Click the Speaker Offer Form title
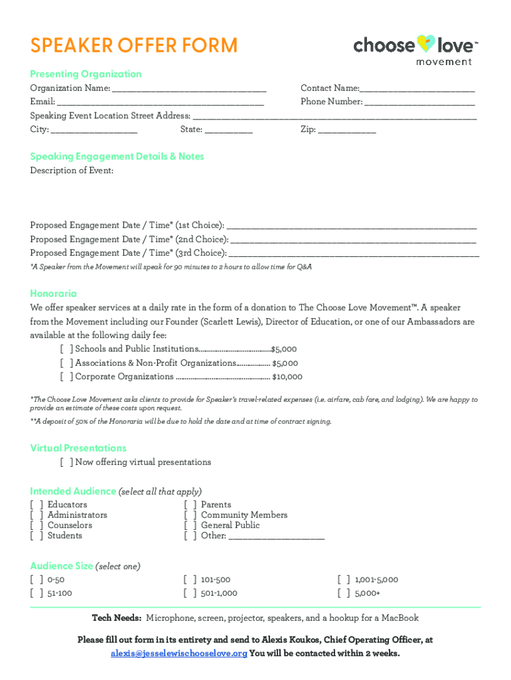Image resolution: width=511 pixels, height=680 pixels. pos(133,46)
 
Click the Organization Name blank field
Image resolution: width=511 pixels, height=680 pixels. pos(189,88)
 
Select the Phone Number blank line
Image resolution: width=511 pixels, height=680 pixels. pos(419,102)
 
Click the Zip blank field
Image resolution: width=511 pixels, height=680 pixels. pos(347,130)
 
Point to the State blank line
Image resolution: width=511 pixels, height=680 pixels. pos(229,130)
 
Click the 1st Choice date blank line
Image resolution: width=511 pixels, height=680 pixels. pos(352,226)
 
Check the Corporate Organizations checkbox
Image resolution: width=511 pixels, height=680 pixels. pos(66,377)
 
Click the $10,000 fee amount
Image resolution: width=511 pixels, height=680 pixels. pos(287,377)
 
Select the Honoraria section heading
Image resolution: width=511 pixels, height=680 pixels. pos(54,294)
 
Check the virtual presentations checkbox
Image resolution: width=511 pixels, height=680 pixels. pos(66,462)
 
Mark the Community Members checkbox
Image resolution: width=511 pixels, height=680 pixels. pos(190,515)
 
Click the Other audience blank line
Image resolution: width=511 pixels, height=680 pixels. pos(277,537)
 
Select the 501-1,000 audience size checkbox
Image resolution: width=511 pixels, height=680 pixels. pos(190,594)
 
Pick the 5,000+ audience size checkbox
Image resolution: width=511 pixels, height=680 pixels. pos(344,594)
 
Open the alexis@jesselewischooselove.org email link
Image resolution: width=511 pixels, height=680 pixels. pos(179,653)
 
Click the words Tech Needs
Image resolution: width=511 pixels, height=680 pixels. pos(116,618)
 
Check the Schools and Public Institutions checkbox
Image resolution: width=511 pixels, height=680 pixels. pos(66,349)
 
